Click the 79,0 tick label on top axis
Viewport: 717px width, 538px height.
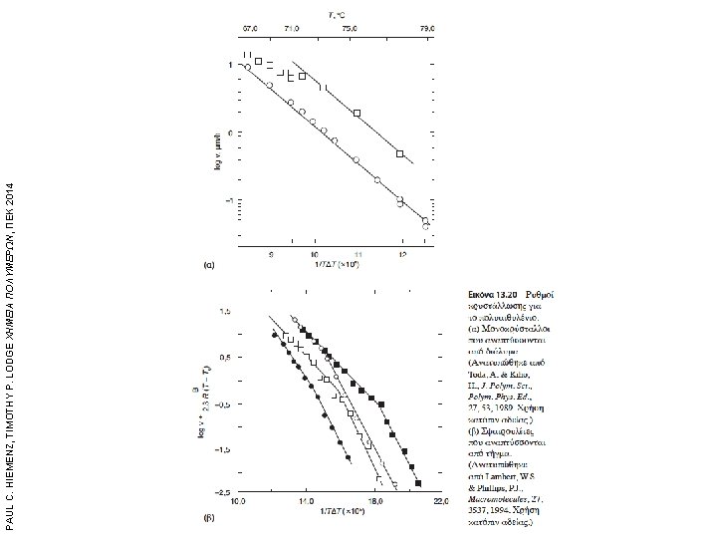click(426, 30)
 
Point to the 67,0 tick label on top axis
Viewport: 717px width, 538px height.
click(250, 30)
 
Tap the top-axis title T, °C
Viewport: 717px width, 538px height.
click(339, 15)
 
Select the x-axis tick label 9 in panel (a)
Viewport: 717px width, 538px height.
click(271, 254)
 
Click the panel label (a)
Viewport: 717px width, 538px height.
click(210, 266)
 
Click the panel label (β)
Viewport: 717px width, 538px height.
click(210, 518)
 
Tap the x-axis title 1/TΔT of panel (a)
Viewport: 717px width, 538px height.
click(337, 266)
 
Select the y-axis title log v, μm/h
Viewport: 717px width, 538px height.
click(218, 149)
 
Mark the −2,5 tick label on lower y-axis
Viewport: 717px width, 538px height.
click(224, 493)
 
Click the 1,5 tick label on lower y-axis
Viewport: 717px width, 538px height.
click(226, 312)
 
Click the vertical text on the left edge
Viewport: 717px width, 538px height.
click(9, 269)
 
